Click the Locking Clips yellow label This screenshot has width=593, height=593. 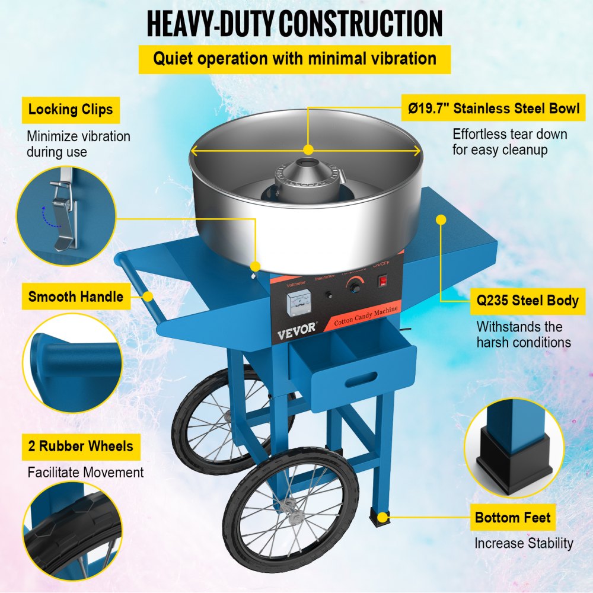tap(71, 110)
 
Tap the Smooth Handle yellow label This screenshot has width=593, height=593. tap(76, 296)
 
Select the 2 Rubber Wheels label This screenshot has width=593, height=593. tap(81, 445)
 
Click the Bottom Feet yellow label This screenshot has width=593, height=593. tap(513, 518)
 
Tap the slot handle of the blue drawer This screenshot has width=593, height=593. tap(361, 377)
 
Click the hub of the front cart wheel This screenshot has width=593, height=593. tap(289, 505)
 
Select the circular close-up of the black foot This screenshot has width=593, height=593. tap(514, 447)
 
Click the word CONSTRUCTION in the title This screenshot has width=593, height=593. tap(361, 24)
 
